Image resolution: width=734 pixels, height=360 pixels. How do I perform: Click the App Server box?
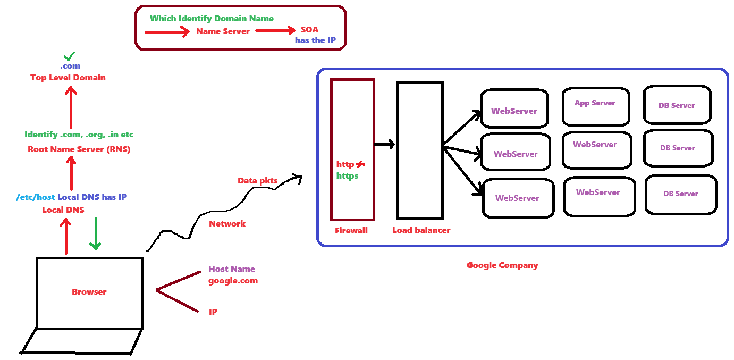pos(595,106)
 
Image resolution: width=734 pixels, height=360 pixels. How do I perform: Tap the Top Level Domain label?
pos(68,78)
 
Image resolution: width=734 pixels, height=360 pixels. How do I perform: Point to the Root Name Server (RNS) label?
pos(79,149)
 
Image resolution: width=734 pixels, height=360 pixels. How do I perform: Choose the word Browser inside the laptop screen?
pos(89,292)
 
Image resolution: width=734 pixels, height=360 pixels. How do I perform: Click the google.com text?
pos(233,281)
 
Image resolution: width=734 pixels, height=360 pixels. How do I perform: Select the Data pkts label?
pos(257,181)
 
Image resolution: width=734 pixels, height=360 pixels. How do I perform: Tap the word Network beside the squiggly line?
pos(227,224)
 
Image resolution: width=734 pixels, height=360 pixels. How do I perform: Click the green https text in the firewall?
pos(347,175)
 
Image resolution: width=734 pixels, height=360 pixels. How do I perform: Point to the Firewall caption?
pos(351,231)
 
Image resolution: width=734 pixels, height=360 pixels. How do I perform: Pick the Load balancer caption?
pos(421,230)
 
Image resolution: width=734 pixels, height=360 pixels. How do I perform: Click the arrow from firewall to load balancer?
pos(385,144)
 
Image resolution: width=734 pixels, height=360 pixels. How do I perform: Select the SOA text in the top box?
pos(309,30)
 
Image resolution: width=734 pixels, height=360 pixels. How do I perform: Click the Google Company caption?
pos(502,265)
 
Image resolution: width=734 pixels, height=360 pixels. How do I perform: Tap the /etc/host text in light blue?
pos(36,197)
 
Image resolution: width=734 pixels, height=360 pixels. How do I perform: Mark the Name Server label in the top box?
pos(223,31)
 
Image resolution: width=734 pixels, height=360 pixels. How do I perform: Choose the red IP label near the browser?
pos(213,312)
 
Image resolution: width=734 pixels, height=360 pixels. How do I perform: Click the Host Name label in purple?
pos(232,269)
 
